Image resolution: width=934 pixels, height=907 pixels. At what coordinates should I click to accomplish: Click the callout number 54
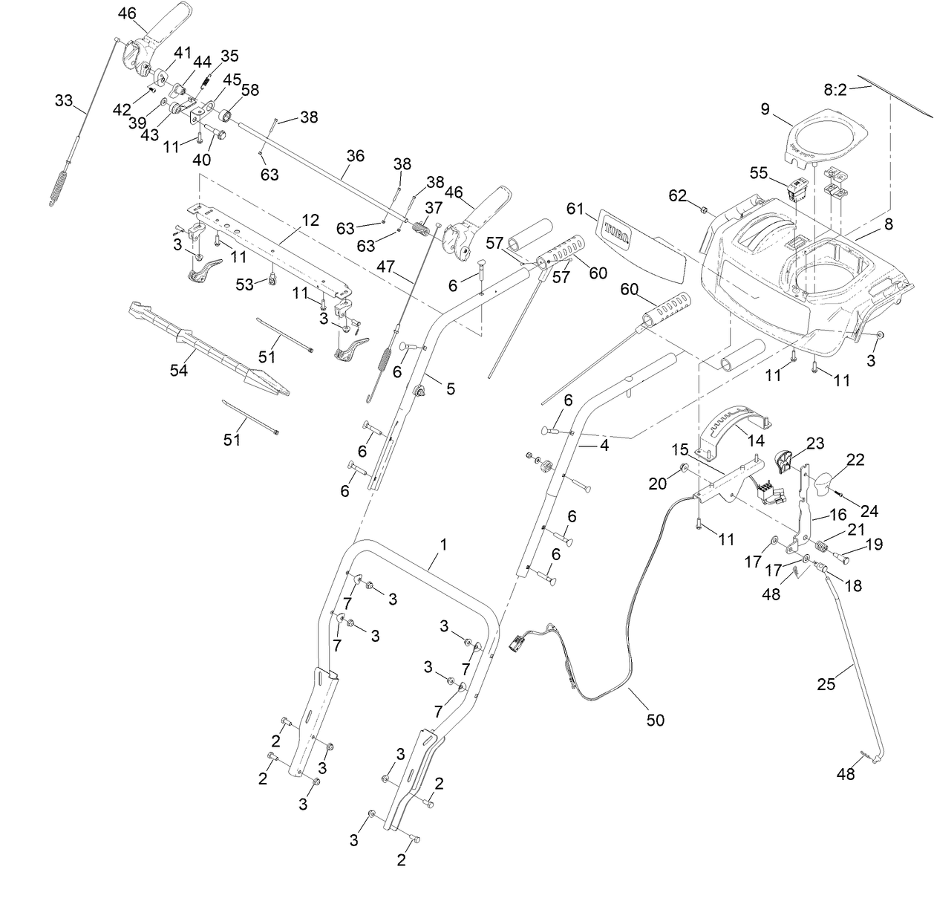(178, 370)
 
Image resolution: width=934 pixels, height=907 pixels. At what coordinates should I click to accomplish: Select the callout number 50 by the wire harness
(656, 719)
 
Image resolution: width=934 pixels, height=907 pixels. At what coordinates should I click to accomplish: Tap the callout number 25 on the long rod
(826, 683)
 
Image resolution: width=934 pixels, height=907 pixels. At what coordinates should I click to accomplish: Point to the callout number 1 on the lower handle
(443, 544)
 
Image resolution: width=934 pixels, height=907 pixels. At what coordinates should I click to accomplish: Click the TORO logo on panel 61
(615, 231)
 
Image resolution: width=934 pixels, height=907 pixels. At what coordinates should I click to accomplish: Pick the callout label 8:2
(835, 90)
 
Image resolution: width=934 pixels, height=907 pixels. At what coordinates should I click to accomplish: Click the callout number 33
(64, 100)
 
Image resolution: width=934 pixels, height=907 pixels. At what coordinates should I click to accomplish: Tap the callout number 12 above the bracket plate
(310, 221)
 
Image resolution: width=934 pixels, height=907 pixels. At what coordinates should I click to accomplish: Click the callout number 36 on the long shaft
(356, 155)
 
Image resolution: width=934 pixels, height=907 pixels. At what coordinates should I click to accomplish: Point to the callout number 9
(765, 109)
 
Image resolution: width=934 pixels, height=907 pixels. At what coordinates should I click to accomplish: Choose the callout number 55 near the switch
(759, 172)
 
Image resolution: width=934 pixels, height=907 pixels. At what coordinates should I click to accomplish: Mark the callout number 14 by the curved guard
(755, 440)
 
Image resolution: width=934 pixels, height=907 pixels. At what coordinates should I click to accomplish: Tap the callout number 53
(245, 283)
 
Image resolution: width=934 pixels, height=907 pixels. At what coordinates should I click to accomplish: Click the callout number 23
(815, 443)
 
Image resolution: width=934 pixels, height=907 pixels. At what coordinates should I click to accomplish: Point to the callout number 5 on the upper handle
(450, 388)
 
